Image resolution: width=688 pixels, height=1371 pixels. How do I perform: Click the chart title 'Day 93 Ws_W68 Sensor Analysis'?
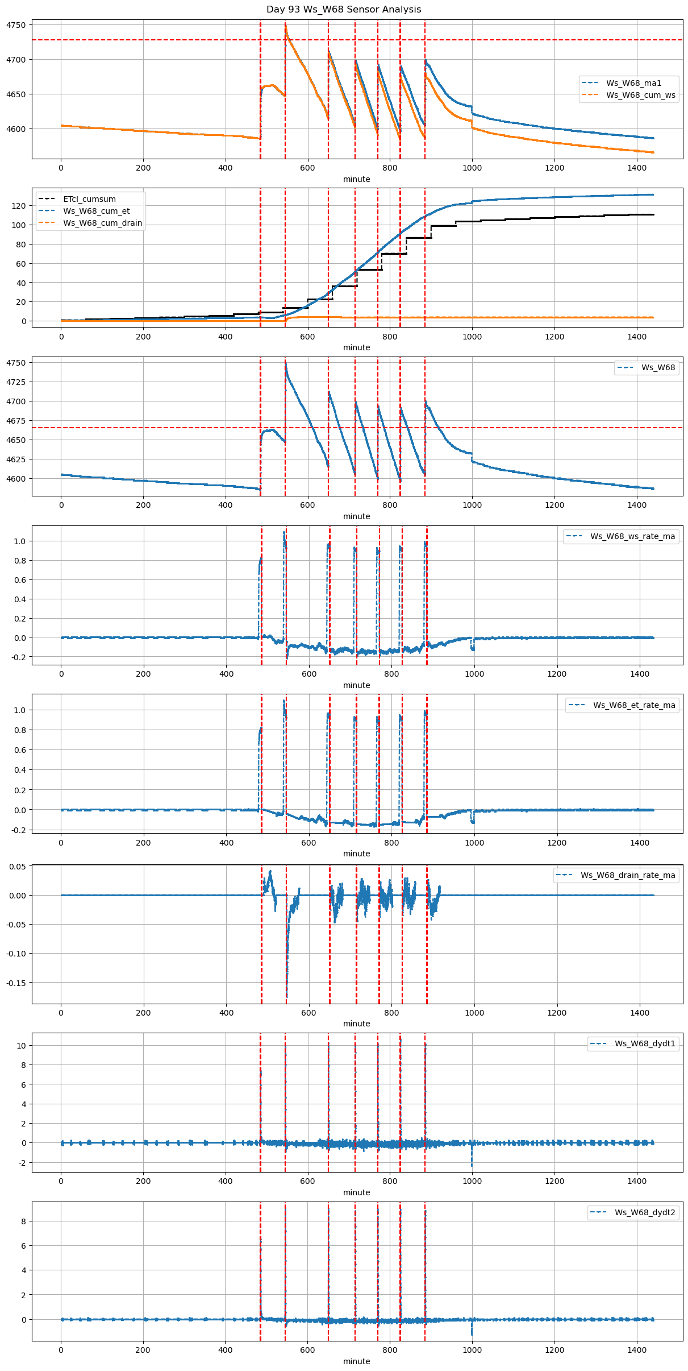click(x=344, y=10)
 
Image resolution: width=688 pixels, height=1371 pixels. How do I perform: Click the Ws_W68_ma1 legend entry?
click(x=633, y=83)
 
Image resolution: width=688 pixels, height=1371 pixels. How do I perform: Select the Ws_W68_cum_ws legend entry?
click(x=640, y=95)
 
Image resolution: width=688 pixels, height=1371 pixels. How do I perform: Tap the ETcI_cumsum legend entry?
click(x=89, y=199)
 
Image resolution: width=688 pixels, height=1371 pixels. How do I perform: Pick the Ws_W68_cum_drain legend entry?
click(x=102, y=223)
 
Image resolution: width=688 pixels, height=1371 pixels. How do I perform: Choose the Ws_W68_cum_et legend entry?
click(x=96, y=211)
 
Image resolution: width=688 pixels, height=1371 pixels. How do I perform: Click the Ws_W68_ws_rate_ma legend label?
click(x=632, y=536)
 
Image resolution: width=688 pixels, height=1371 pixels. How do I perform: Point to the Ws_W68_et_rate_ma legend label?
click(x=634, y=705)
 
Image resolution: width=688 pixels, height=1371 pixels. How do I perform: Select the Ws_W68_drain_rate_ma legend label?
click(x=628, y=875)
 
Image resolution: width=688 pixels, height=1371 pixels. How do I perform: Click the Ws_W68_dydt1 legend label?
click(x=645, y=1043)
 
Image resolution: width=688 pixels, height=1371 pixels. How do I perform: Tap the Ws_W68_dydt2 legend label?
click(x=645, y=1212)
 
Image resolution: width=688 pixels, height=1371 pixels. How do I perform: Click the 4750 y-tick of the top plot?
click(x=16, y=25)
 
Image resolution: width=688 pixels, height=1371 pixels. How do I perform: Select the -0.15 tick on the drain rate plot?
click(x=16, y=983)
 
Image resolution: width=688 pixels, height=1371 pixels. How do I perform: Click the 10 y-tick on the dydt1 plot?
click(x=22, y=1046)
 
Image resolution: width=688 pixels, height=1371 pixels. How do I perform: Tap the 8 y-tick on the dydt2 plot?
click(x=23, y=1221)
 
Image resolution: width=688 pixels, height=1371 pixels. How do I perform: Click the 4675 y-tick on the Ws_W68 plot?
click(x=16, y=421)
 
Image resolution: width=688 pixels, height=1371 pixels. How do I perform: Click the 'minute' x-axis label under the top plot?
click(x=356, y=179)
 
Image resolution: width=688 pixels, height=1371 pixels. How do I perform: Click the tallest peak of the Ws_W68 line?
click(x=285, y=363)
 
